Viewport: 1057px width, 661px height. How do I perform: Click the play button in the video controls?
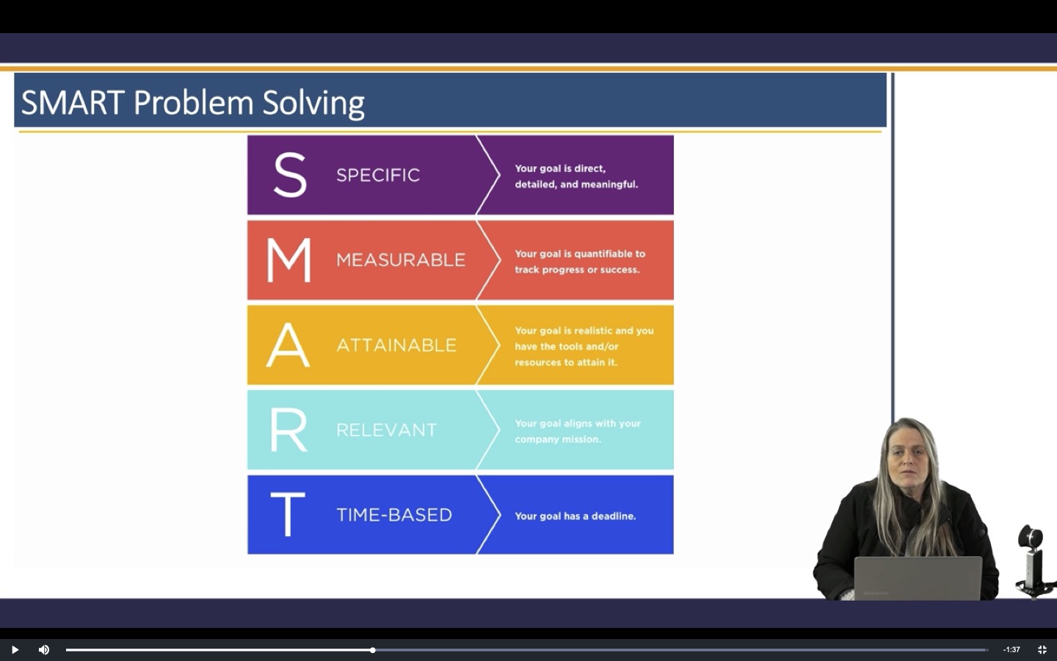coord(15,649)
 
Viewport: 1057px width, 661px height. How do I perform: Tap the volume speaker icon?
coord(44,649)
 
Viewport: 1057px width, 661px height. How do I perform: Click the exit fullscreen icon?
coord(1042,649)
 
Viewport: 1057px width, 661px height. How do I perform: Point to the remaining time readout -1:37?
coord(1011,649)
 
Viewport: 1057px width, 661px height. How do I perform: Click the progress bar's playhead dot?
coord(373,650)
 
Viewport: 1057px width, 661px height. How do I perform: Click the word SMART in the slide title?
coord(73,103)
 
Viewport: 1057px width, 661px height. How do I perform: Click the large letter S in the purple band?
coord(289,175)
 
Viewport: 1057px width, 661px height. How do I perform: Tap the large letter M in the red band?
coord(288,260)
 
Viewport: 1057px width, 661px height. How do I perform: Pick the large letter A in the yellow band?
coord(288,344)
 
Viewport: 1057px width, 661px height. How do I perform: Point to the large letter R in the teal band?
coord(288,430)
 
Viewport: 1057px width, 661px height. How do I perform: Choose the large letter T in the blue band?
coord(287,514)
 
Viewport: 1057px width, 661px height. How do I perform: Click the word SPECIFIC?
coord(378,175)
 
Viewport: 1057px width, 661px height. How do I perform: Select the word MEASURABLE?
coord(401,260)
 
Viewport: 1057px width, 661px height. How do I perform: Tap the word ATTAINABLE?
coord(396,345)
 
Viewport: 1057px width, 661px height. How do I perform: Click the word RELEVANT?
coord(386,430)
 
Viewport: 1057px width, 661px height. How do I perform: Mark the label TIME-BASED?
coord(394,515)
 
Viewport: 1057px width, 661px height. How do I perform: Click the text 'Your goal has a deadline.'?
coord(575,516)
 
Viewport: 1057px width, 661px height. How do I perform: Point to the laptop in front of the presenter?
coord(918,578)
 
